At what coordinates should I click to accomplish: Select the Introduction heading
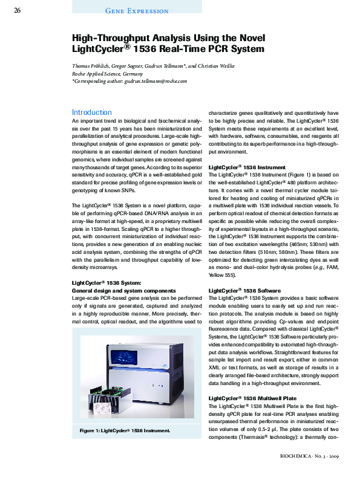pyautogui.click(x=91, y=112)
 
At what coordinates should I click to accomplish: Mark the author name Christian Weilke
pyautogui.click(x=215, y=66)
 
